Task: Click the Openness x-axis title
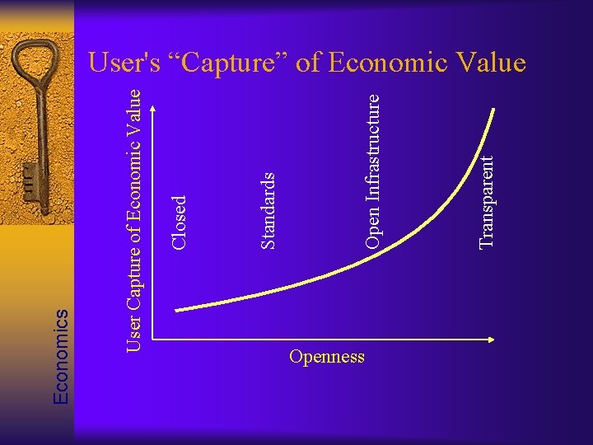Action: tap(327, 357)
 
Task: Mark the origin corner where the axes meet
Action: tap(153, 340)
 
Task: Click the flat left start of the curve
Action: tap(181, 309)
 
